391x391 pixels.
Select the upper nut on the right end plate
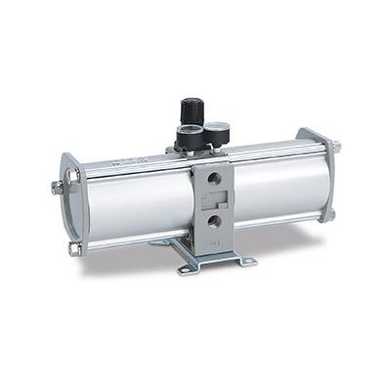[336, 147]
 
